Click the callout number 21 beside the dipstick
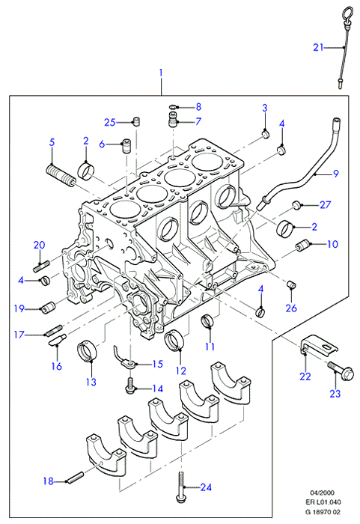[x=318, y=47]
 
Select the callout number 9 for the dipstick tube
[x=335, y=174]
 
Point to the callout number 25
[x=109, y=122]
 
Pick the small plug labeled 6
[x=126, y=145]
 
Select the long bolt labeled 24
[x=181, y=487]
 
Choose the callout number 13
[x=91, y=382]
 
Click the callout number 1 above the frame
[x=161, y=72]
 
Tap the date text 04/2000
[x=322, y=493]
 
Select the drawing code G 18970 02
[x=323, y=511]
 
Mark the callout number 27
[x=325, y=204]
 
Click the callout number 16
[x=57, y=366]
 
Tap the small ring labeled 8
[x=173, y=107]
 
